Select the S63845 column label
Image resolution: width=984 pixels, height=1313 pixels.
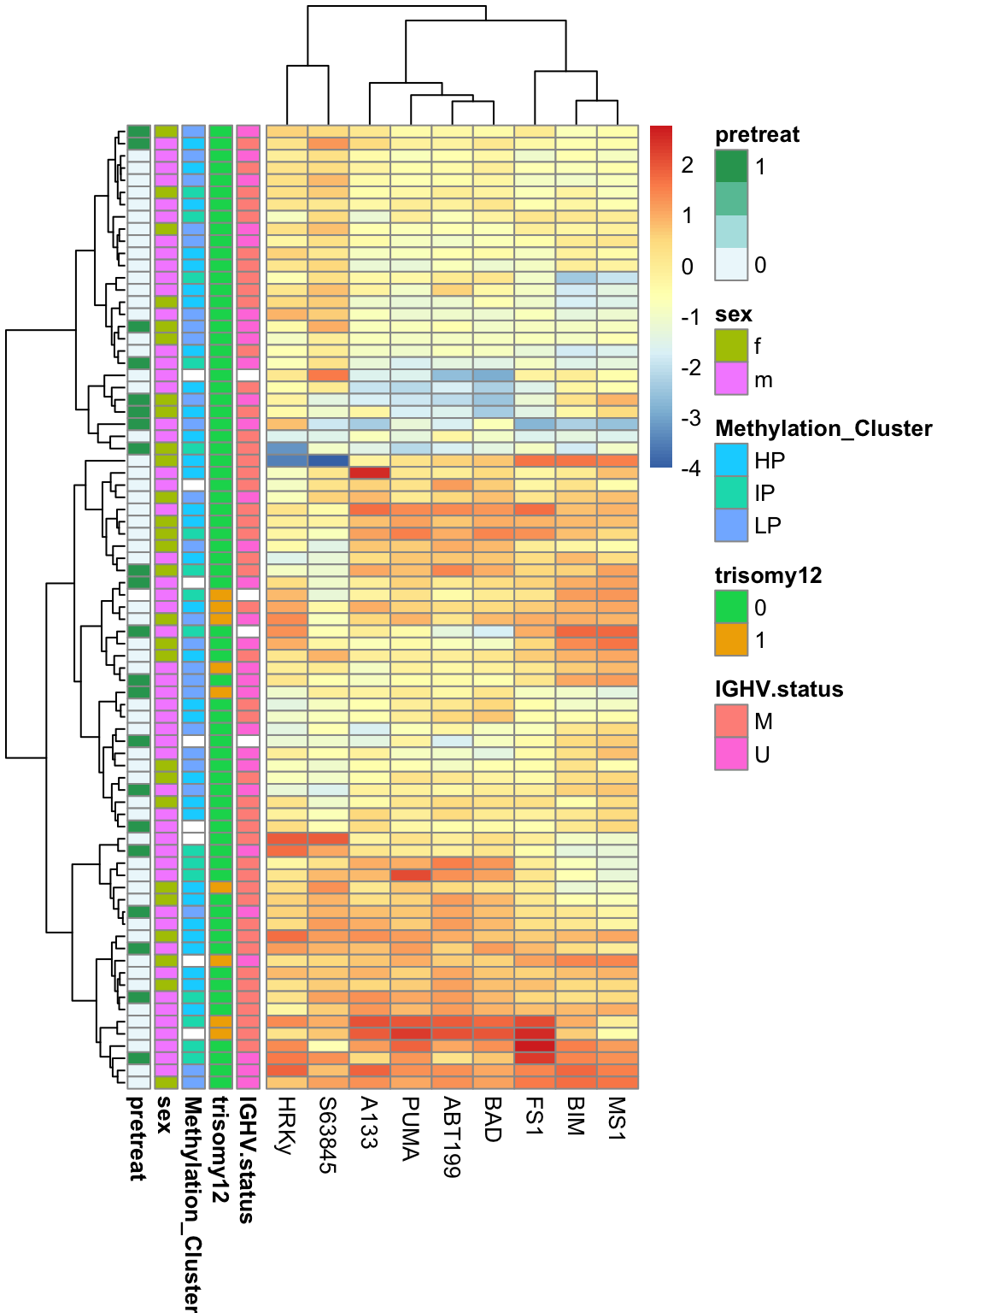pos(327,1134)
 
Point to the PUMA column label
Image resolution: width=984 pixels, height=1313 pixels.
pos(410,1128)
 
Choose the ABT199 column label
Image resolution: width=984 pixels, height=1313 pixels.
pos(451,1137)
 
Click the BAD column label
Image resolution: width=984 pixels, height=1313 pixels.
pos(492,1119)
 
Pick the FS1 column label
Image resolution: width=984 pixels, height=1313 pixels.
pos(534,1116)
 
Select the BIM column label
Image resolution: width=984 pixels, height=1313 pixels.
pos(575,1116)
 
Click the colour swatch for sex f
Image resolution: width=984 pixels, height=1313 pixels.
pos(731,346)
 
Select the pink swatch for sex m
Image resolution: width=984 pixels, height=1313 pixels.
pos(731,379)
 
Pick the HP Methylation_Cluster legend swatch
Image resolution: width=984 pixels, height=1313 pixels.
pos(731,460)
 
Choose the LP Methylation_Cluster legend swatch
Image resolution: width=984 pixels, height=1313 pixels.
pos(731,525)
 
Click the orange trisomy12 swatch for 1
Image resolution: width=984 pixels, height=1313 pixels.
pos(731,639)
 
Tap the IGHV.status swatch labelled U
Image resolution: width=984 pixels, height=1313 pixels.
pos(731,754)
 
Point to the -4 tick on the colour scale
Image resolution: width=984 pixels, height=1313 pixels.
pos(690,468)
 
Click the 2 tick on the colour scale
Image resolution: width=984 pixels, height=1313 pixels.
pos(687,165)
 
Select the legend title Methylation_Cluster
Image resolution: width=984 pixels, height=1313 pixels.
pos(823,428)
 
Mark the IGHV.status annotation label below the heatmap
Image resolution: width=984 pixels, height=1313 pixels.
pos(246,1159)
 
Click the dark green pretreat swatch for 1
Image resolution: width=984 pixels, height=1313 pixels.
pos(731,167)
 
